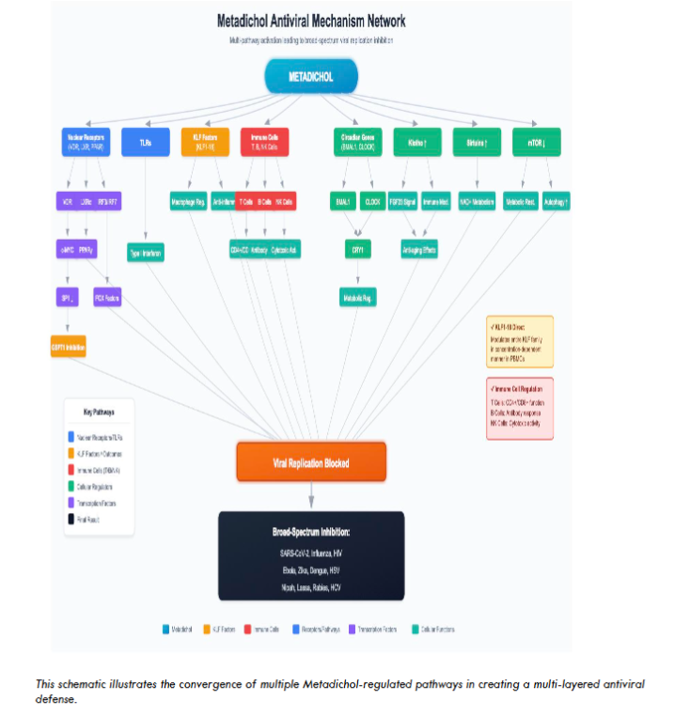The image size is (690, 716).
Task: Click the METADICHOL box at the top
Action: pyautogui.click(x=311, y=77)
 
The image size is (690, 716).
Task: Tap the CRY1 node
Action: pyautogui.click(x=357, y=250)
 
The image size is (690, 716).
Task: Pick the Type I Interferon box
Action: pyautogui.click(x=146, y=252)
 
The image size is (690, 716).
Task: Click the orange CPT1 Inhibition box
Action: pyautogui.click(x=68, y=347)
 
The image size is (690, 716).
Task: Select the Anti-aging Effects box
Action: pyautogui.click(x=416, y=250)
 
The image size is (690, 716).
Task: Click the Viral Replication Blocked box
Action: pyautogui.click(x=311, y=463)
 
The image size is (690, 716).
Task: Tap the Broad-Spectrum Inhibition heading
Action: pyautogui.click(x=311, y=532)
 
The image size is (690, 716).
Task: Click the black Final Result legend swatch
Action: pyautogui.click(x=71, y=518)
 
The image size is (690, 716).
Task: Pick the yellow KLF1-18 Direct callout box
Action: pyautogui.click(x=520, y=340)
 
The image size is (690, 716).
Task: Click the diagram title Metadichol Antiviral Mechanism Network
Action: pyautogui.click(x=311, y=21)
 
